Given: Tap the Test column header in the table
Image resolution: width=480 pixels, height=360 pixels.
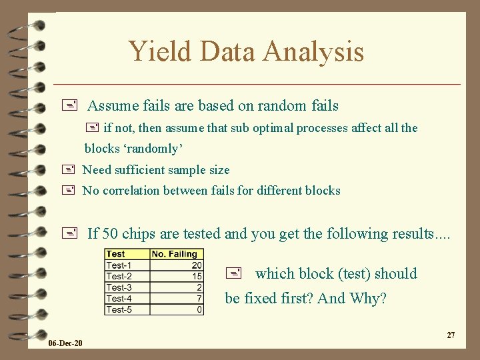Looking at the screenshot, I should (x=115, y=254).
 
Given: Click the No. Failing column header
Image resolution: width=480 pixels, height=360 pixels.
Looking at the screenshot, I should (x=175, y=254).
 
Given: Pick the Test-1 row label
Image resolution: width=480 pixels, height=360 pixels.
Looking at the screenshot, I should (x=119, y=265).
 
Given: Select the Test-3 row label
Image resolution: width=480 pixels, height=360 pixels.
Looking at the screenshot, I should (x=119, y=287).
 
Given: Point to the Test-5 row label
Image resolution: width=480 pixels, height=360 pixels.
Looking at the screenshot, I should (x=119, y=310).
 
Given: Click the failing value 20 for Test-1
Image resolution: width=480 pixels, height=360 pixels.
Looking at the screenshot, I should (x=197, y=265).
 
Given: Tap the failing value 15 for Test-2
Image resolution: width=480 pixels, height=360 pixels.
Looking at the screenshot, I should (x=197, y=277).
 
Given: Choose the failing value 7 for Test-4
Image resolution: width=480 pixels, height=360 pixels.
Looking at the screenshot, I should (x=199, y=299).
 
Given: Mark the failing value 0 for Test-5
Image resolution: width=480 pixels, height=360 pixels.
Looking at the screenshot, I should (x=199, y=310).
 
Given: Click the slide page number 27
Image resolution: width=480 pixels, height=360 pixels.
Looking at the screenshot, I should (x=451, y=335).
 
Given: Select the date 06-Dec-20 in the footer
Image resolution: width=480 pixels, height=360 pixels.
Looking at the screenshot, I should (x=65, y=343).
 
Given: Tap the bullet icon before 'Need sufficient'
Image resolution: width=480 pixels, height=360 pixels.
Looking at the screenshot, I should (x=68, y=170).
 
